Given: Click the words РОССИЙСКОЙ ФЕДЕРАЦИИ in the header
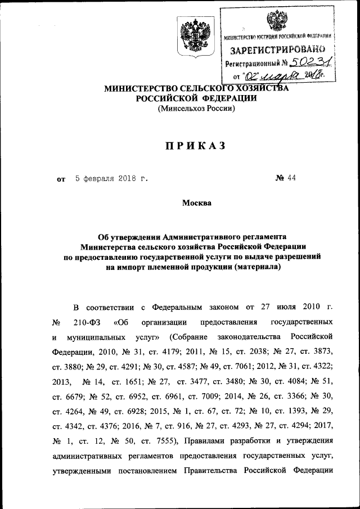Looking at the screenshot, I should [x=196, y=98].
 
